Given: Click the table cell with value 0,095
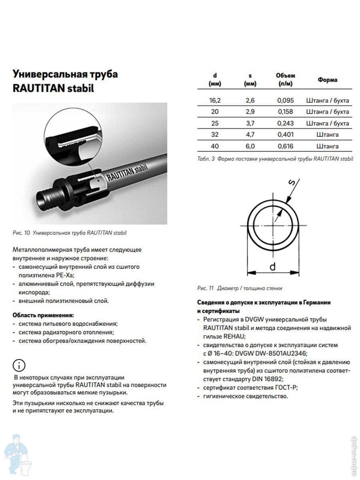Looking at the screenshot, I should coord(285,100).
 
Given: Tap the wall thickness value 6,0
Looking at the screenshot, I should coord(250,146).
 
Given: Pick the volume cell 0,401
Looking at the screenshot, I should coord(285,134).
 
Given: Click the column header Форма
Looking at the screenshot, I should coord(328,80).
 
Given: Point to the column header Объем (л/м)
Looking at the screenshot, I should coord(285,80).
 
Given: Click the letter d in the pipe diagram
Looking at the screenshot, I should coord(272,266).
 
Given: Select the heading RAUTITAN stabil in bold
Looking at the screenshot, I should coord(53,88).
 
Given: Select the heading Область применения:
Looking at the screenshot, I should coord(43,315).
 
